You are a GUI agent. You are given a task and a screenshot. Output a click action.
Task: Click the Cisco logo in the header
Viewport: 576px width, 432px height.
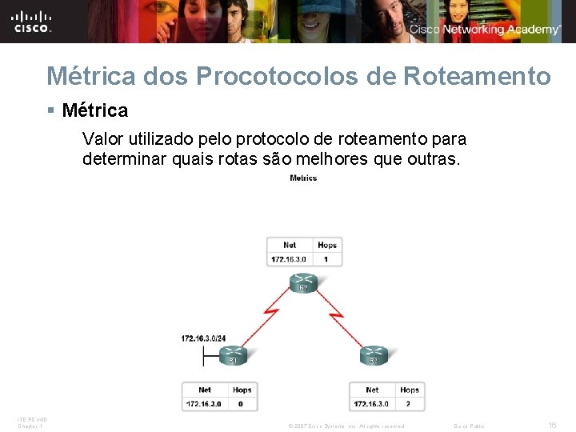coord(32,22)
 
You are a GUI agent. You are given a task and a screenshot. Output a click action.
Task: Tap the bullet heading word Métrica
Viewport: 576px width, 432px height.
coord(94,110)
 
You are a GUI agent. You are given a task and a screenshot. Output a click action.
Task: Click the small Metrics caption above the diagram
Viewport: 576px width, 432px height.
coord(303,178)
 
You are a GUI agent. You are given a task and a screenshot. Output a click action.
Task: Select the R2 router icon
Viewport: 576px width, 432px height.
coord(304,283)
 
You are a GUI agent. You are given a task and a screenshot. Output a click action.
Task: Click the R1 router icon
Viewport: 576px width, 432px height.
coord(232,354)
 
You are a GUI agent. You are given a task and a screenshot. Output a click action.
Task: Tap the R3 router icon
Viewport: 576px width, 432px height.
coord(373,354)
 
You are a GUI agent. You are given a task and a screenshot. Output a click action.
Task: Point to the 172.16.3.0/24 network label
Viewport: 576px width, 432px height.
coord(203,338)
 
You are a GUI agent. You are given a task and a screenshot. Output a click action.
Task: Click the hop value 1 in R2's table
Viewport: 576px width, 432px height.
coord(326,259)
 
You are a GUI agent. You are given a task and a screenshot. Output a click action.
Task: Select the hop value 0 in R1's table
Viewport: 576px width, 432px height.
coord(242,404)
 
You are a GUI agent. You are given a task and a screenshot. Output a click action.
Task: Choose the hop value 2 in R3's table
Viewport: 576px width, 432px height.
coord(409,404)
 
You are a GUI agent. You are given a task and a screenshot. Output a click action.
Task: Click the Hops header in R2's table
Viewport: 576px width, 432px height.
coord(326,245)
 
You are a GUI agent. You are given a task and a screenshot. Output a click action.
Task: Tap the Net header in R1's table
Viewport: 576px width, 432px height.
coord(205,390)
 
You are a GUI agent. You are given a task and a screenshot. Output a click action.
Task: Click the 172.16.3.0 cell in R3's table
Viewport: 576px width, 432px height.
coord(372,404)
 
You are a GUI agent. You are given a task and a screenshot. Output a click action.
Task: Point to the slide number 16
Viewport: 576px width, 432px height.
coord(552,425)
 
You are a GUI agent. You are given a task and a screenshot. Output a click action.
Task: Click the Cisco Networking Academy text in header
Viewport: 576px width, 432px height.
coord(485,30)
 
